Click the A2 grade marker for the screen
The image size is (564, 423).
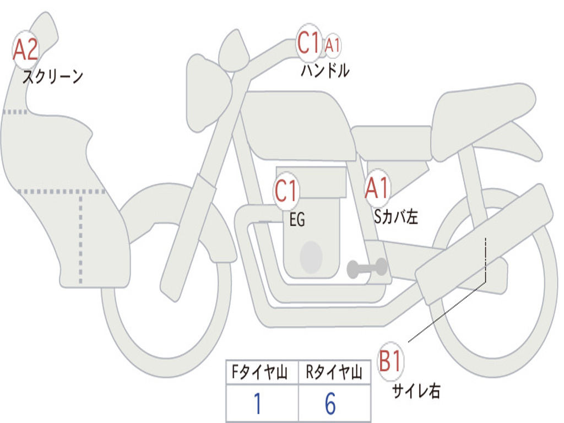(25, 50)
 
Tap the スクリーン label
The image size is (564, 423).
(52, 77)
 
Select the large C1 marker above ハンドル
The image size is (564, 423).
(309, 43)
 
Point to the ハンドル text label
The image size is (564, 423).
(325, 70)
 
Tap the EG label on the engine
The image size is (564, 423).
(297, 220)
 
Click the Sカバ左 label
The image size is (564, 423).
(395, 217)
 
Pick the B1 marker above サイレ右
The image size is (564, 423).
(391, 361)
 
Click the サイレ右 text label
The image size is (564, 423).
(416, 391)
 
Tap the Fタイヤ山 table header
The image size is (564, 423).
(261, 373)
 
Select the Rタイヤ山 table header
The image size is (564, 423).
(334, 373)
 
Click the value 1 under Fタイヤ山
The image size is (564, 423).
(257, 404)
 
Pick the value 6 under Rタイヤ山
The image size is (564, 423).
(330, 404)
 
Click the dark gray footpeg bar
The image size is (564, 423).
(366, 268)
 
